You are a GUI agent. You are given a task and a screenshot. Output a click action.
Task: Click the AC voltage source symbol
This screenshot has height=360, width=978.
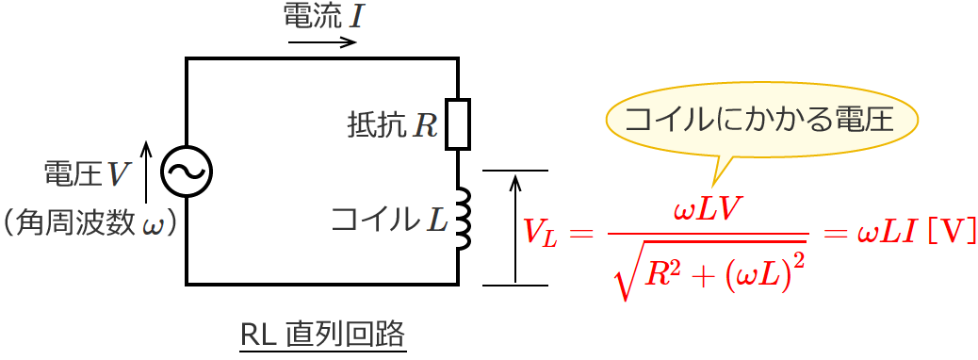(x=187, y=171)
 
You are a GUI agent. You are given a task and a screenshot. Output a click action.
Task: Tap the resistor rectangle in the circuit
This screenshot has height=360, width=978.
(x=458, y=123)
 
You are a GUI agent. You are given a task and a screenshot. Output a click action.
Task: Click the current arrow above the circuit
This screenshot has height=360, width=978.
(x=322, y=42)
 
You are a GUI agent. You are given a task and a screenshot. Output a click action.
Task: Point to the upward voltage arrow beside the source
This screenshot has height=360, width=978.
(x=146, y=171)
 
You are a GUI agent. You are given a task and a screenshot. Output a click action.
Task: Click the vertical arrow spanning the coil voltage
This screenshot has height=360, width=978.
(x=514, y=227)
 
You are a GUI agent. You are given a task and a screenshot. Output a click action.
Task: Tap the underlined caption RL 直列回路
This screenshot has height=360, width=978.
(x=322, y=334)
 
